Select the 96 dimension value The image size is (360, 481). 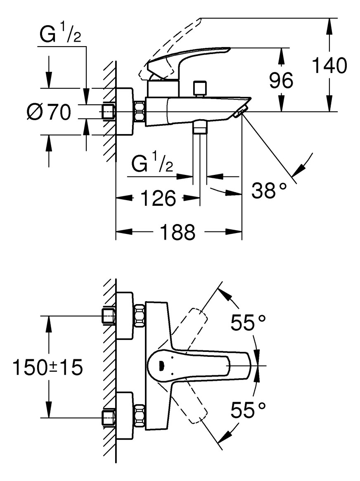281,80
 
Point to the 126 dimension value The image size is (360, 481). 158,198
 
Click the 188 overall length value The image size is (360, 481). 178,232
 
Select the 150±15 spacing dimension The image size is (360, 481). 47,367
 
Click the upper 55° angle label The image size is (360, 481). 248,323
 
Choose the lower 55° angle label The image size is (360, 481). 248,410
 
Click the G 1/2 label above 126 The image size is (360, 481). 152,164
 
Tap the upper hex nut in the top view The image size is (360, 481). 140,316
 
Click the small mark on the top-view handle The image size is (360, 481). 161,365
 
